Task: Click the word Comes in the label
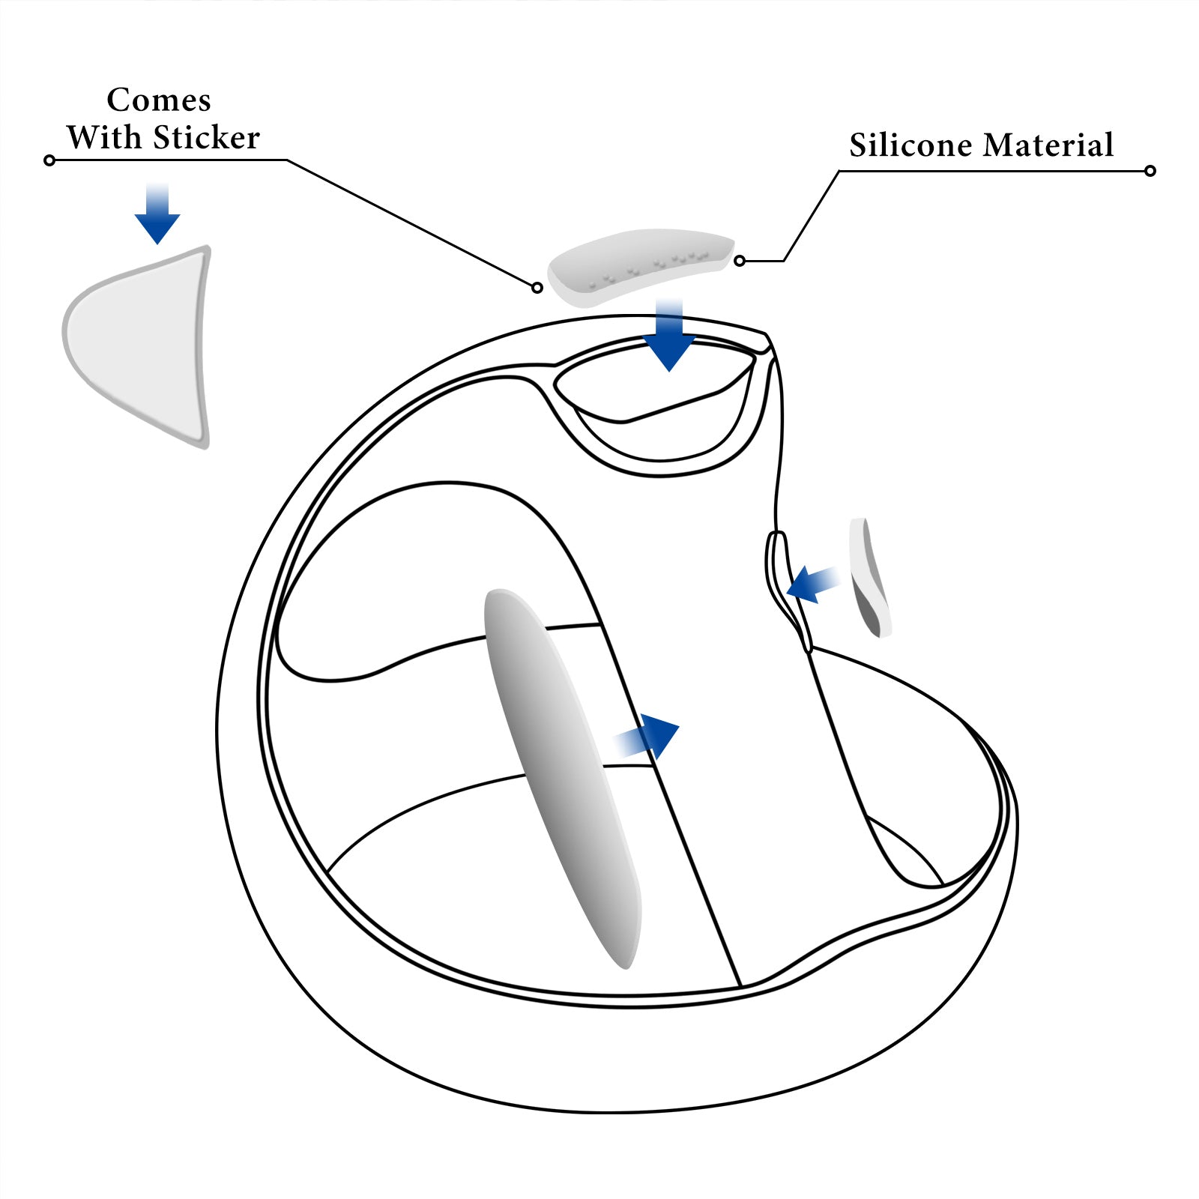pos(159,100)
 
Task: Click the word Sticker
pos(207,138)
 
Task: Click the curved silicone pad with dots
pos(641,266)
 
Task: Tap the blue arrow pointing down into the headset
pos(669,337)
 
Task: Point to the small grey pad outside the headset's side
pos(869,577)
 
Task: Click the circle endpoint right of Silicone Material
pos(1150,171)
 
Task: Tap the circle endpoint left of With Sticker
pos(49,160)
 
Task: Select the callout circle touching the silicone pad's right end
pos(740,261)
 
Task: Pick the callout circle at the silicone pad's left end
pos(537,288)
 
